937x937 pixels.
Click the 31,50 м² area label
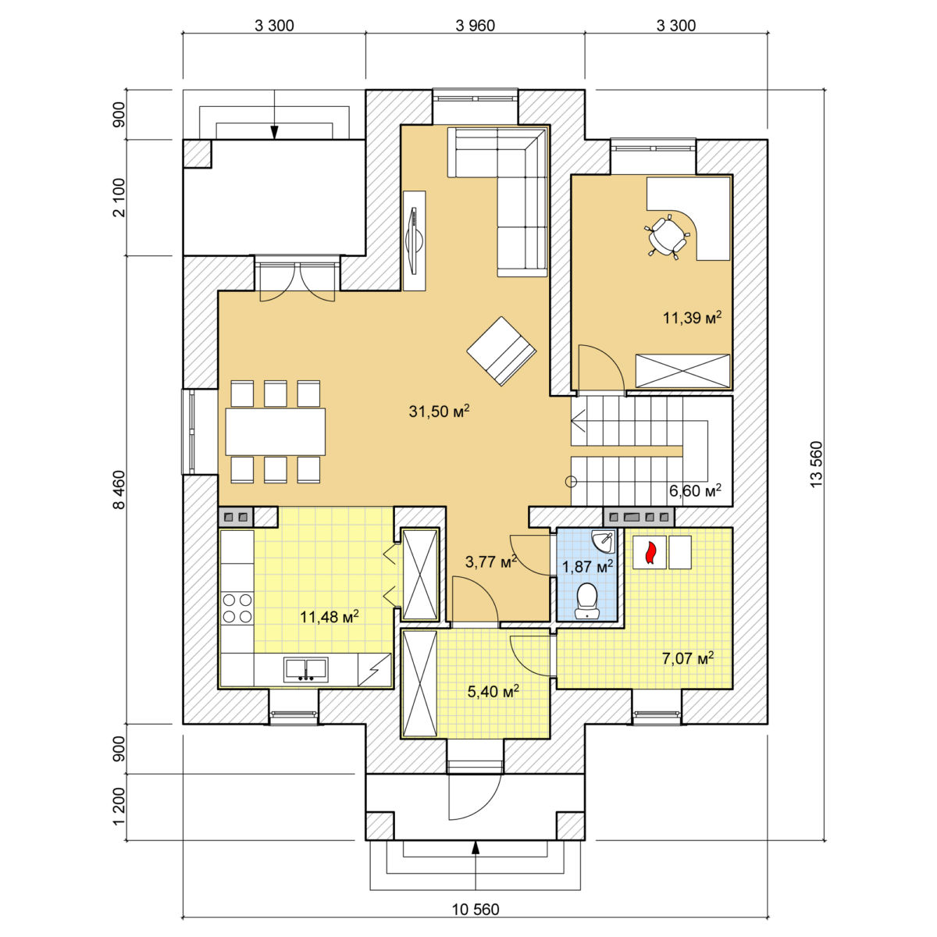coord(439,411)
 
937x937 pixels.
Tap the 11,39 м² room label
coord(692,318)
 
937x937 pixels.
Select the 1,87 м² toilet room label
coord(587,566)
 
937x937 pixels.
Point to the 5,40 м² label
coord(493,690)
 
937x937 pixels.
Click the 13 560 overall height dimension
coord(816,464)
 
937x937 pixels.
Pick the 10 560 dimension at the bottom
coord(475,910)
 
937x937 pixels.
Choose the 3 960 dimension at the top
coord(475,25)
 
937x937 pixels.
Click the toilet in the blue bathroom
coord(587,601)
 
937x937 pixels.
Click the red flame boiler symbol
coord(650,554)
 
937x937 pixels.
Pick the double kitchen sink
coord(306,668)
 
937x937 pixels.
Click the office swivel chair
coord(666,237)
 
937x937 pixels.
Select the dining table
coord(275,432)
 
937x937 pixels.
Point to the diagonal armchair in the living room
coord(501,351)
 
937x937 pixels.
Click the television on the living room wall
coord(415,240)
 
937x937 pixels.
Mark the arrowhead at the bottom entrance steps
coord(476,847)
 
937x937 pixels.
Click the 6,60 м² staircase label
coord(695,490)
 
